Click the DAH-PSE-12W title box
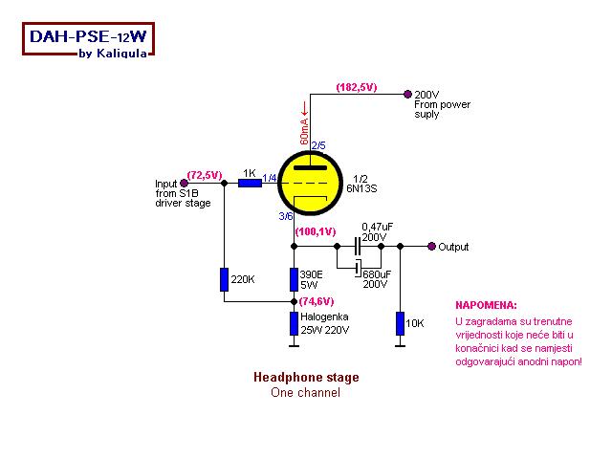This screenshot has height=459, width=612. click(x=86, y=41)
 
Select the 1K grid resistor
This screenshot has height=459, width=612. click(x=250, y=182)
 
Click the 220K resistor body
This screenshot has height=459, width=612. click(x=224, y=279)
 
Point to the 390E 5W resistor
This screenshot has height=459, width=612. click(x=294, y=279)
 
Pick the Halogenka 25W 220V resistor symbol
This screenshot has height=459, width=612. click(x=294, y=322)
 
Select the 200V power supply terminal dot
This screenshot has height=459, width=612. click(x=408, y=94)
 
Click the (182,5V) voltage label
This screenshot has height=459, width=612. click(x=356, y=87)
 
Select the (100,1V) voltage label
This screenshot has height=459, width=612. click(x=315, y=231)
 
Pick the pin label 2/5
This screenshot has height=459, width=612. click(x=318, y=144)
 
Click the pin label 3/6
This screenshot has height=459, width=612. click(x=286, y=216)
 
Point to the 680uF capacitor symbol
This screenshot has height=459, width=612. click(x=358, y=267)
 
